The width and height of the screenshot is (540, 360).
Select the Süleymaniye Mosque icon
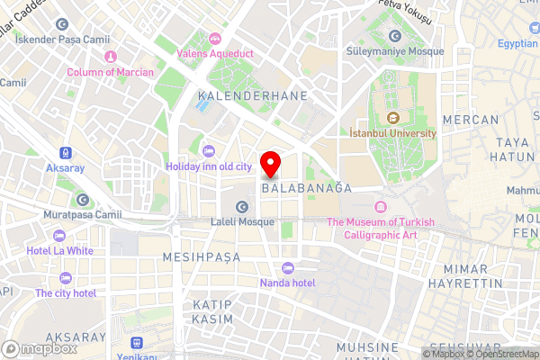coord(394,35)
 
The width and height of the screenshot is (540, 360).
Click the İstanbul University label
coord(392,133)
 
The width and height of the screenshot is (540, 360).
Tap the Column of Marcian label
coord(109,72)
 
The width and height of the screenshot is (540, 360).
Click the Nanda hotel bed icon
coord(287,267)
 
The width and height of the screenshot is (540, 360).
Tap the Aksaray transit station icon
coord(65,153)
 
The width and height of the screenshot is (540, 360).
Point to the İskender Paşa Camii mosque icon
coord(60,24)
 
